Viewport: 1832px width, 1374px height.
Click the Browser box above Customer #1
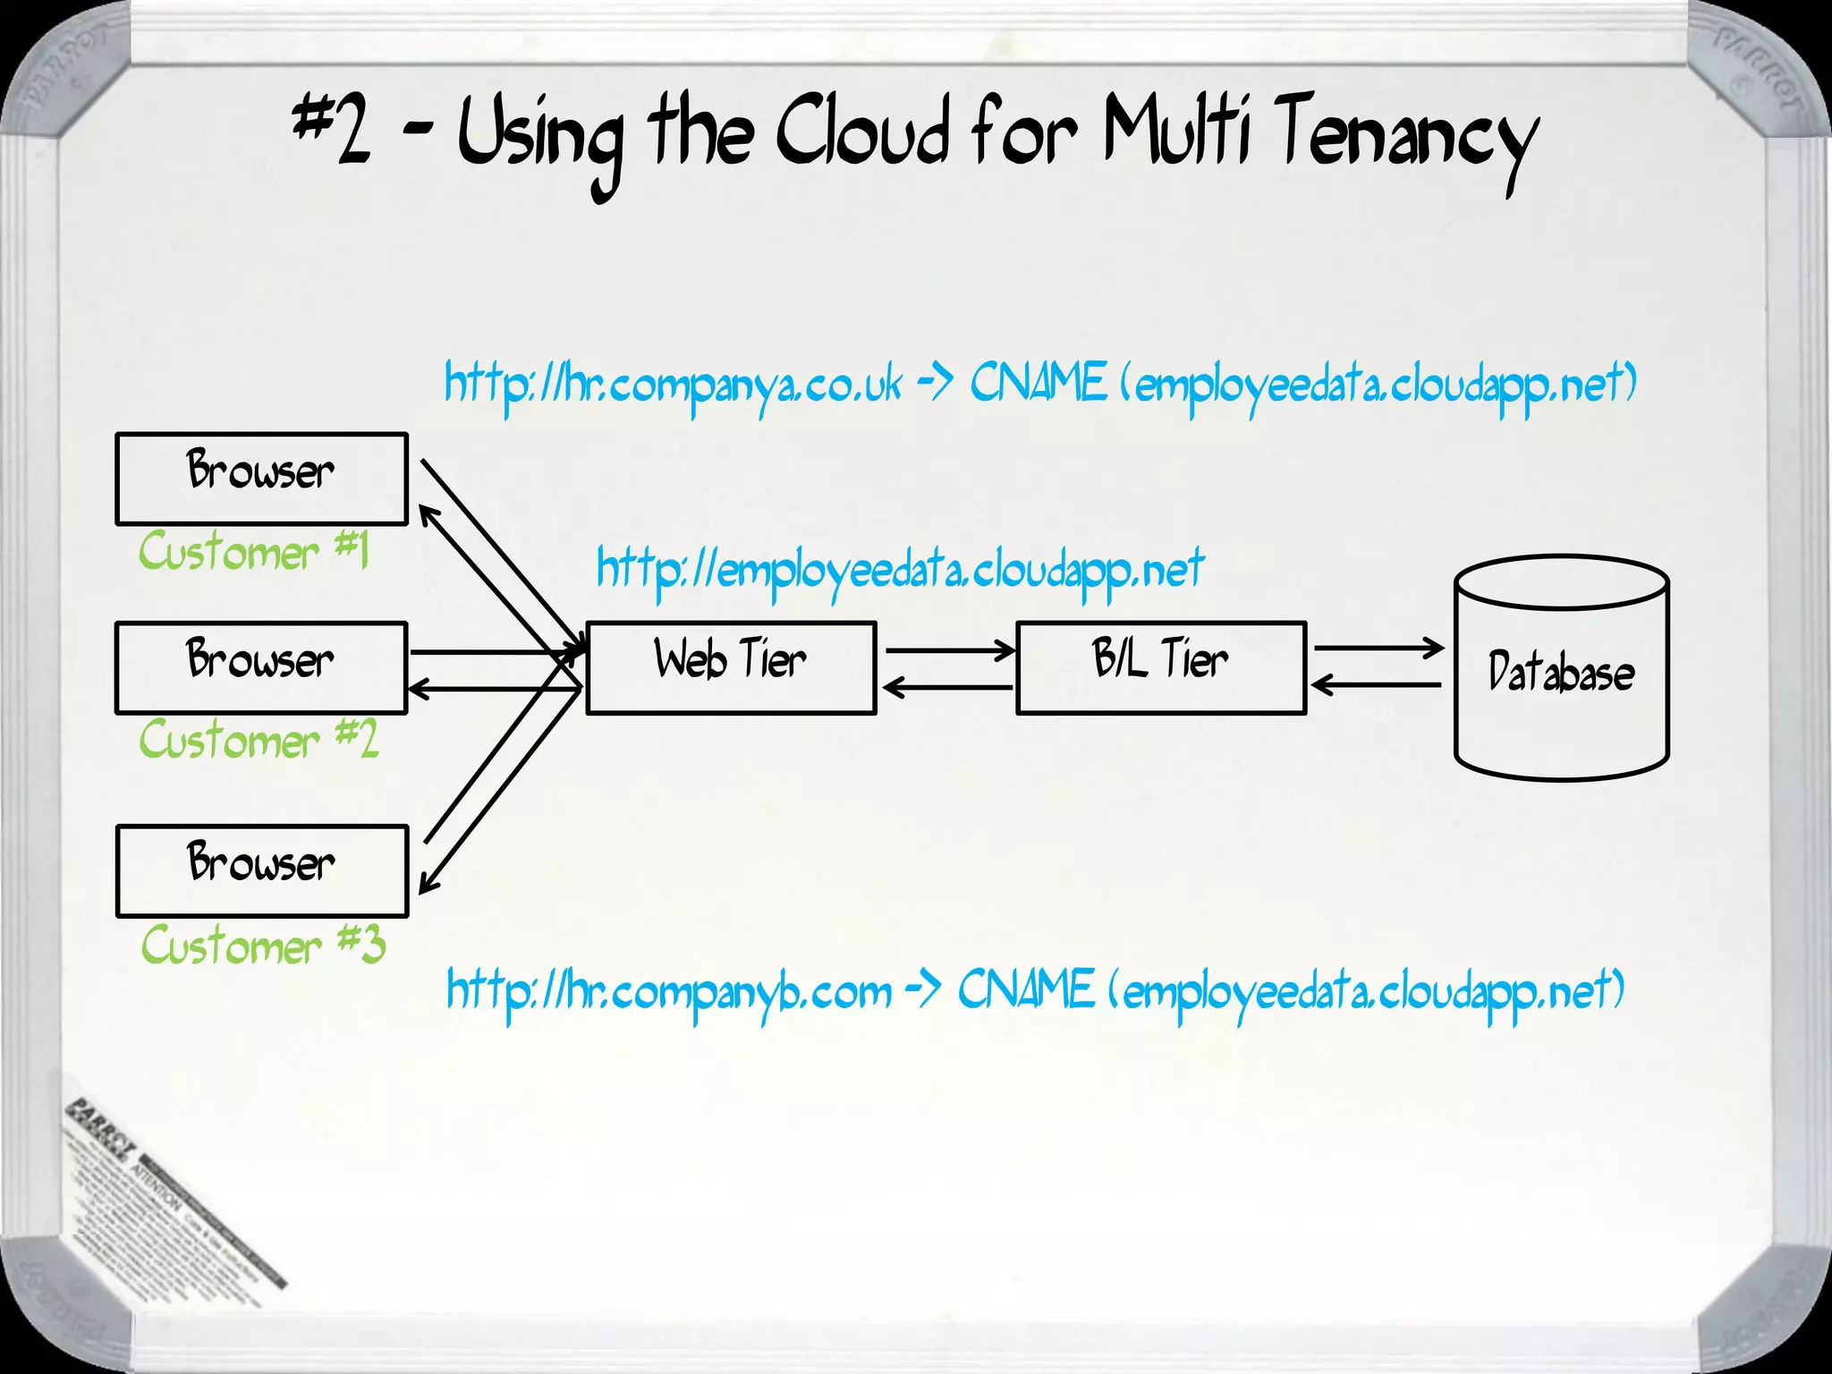click(x=261, y=479)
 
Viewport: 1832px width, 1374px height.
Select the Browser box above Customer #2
click(x=261, y=667)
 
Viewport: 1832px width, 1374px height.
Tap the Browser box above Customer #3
click(x=261, y=870)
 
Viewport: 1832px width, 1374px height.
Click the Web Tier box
click(x=731, y=667)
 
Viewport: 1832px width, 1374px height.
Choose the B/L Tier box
click(x=1161, y=667)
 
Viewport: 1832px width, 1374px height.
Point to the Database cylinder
click(x=1561, y=671)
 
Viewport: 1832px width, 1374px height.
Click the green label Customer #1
click(x=253, y=551)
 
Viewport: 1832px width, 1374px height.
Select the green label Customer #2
click(x=259, y=740)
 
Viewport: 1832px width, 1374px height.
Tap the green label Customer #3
click(x=263, y=946)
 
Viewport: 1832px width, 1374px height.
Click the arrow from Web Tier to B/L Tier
click(x=948, y=650)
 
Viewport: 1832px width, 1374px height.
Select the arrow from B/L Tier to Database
click(x=1378, y=647)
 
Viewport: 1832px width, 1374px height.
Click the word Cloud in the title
click(x=861, y=134)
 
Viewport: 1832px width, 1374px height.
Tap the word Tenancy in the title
click(x=1404, y=139)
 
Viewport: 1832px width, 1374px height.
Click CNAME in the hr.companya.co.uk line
click(x=1038, y=383)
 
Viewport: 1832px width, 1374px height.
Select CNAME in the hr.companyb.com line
click(x=1025, y=990)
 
